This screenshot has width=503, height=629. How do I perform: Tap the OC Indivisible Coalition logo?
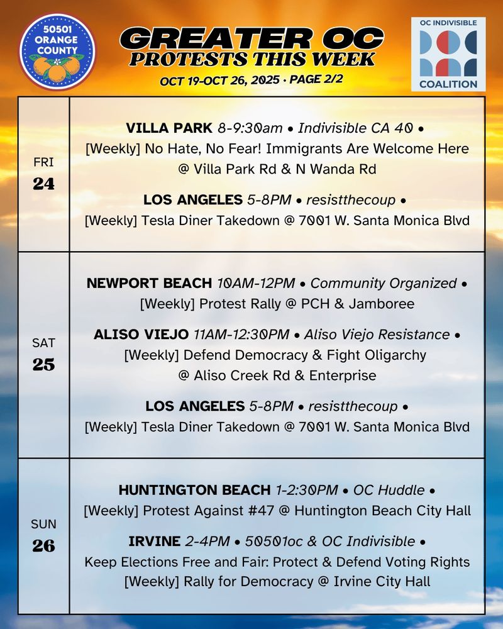448,54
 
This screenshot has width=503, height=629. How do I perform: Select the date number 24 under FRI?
44,184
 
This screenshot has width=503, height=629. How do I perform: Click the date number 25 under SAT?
44,364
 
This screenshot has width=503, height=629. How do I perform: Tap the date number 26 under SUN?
44,545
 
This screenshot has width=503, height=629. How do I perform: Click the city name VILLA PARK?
169,128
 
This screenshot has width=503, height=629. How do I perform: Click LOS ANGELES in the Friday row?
192,200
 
